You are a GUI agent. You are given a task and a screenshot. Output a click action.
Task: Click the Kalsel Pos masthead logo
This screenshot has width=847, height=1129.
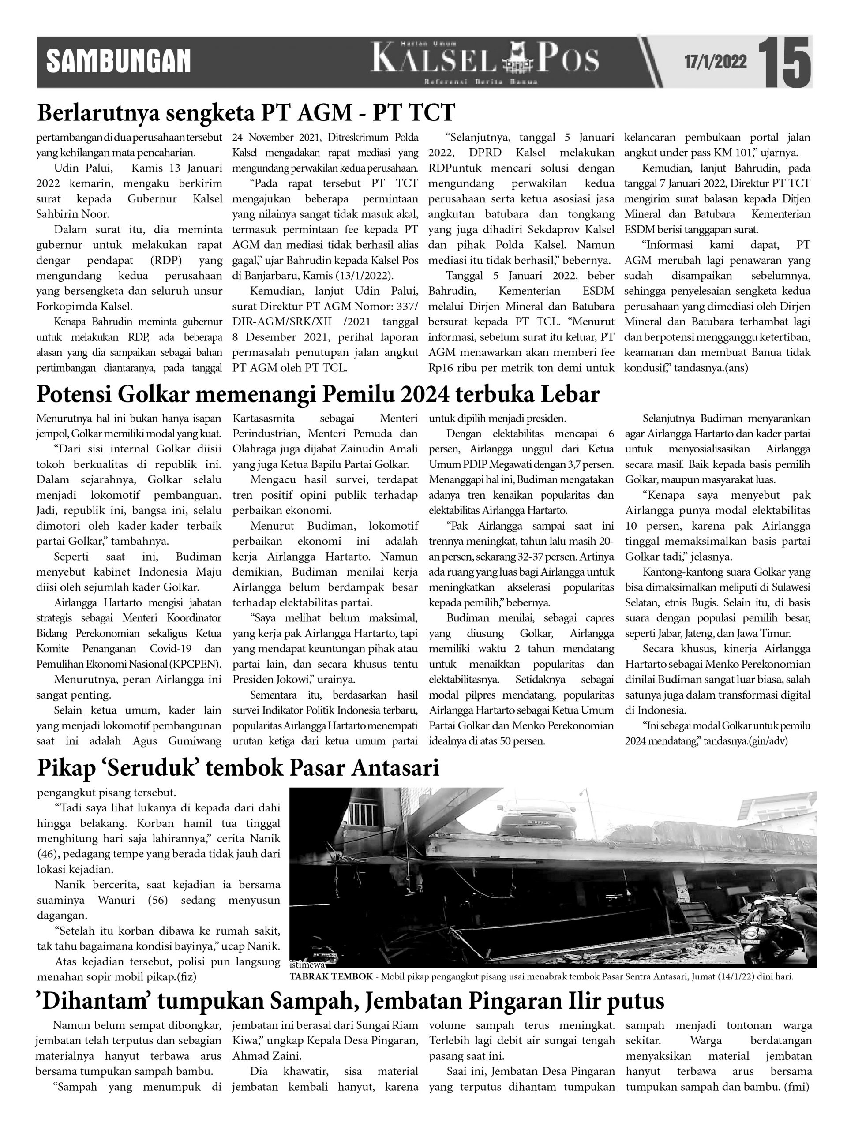(484, 61)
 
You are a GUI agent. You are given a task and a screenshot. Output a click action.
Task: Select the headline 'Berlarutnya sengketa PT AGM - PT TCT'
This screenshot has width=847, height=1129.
(246, 113)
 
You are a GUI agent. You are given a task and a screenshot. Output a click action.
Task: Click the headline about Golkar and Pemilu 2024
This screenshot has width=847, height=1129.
(318, 395)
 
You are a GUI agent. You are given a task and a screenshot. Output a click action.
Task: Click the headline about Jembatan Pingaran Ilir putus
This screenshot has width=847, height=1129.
(350, 1001)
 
